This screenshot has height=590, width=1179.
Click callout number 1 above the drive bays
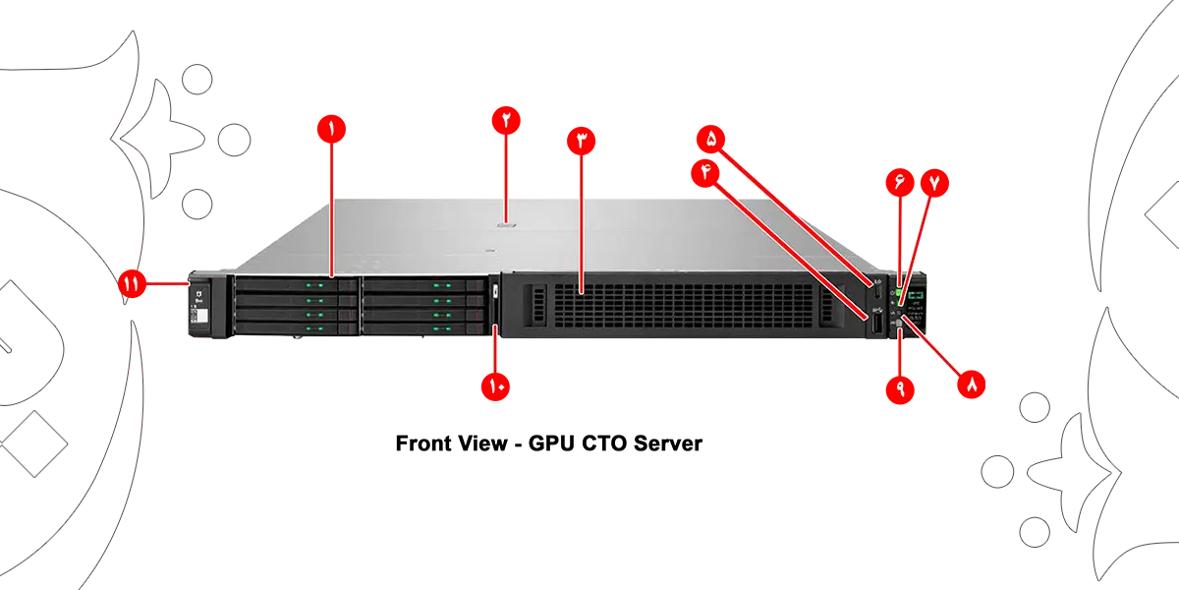pos(331,129)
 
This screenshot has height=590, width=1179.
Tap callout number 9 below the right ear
pos(900,386)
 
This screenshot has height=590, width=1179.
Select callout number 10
pos(495,385)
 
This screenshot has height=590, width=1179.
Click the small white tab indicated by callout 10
pos(495,292)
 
